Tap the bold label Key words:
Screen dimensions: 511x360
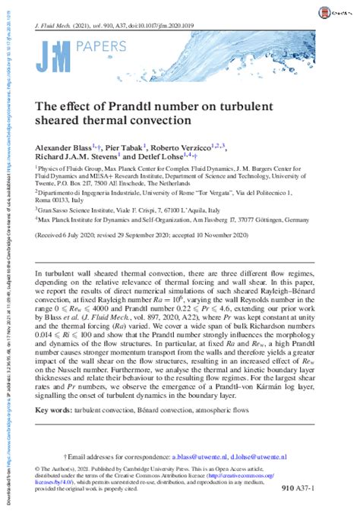53,408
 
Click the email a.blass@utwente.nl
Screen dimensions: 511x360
215,457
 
